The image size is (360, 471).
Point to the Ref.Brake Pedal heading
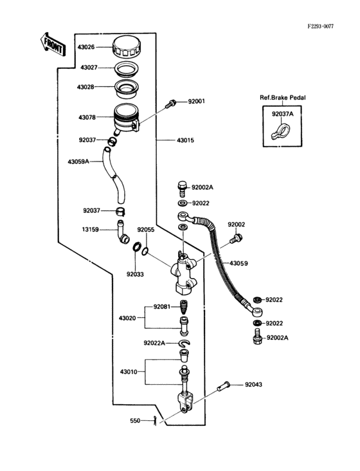283,97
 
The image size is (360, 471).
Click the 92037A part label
282,114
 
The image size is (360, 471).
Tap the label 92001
196,102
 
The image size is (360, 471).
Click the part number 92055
145,228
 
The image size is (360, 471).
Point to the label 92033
135,273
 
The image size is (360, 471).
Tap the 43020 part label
129,318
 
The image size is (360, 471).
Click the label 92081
163,307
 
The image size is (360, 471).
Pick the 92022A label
155,343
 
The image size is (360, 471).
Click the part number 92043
253,385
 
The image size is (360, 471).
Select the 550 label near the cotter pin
135,421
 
